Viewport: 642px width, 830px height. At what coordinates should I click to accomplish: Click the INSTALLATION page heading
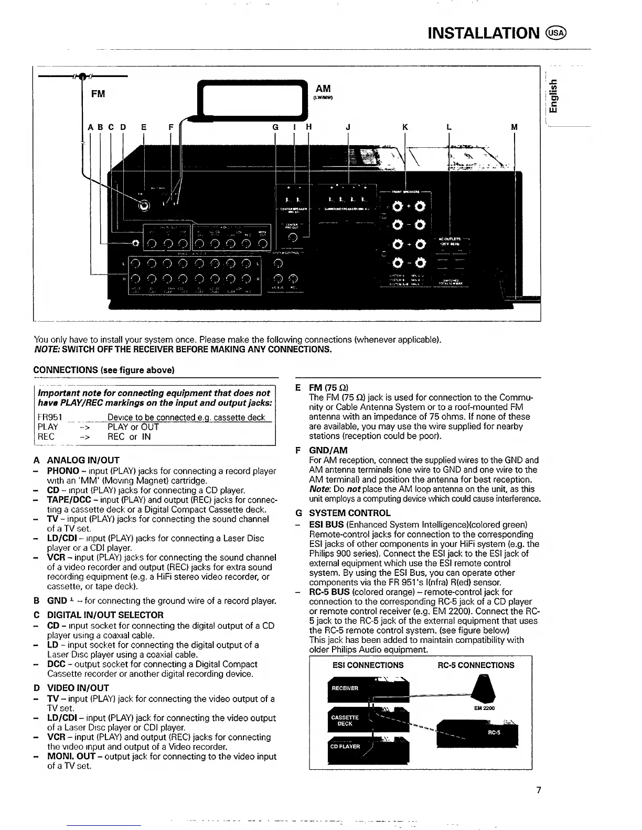(483, 33)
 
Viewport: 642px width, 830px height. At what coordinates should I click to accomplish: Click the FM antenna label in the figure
(98, 94)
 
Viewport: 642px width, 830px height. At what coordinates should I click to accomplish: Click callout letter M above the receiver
(514, 127)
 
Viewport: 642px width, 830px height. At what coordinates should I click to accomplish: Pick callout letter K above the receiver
(405, 127)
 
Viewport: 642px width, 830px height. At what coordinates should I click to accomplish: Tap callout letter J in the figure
(348, 127)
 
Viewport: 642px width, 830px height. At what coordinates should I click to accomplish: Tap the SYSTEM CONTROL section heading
(349, 513)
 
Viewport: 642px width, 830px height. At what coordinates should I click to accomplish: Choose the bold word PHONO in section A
(63, 471)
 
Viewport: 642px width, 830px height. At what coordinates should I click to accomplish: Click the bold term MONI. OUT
(71, 756)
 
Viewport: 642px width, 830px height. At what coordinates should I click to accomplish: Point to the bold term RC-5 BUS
(329, 592)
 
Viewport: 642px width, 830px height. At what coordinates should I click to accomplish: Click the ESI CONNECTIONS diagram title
(368, 665)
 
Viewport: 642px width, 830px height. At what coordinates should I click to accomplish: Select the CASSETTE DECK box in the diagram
(345, 720)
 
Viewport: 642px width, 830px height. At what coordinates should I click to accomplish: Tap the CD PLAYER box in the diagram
(345, 747)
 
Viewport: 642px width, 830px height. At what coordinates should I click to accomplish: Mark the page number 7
(538, 790)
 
